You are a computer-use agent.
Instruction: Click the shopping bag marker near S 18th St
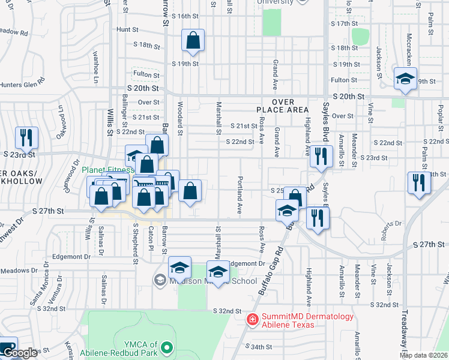pyautogui.click(x=193, y=41)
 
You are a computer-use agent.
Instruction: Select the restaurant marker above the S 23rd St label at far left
pyautogui.click(x=26, y=139)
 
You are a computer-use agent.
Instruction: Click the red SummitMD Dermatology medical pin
pyautogui.click(x=253, y=319)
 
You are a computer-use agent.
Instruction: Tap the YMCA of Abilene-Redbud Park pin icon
pyautogui.click(x=170, y=347)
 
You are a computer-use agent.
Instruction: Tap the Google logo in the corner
pyautogui.click(x=19, y=353)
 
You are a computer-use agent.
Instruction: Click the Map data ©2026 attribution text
pyautogui.click(x=424, y=355)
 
